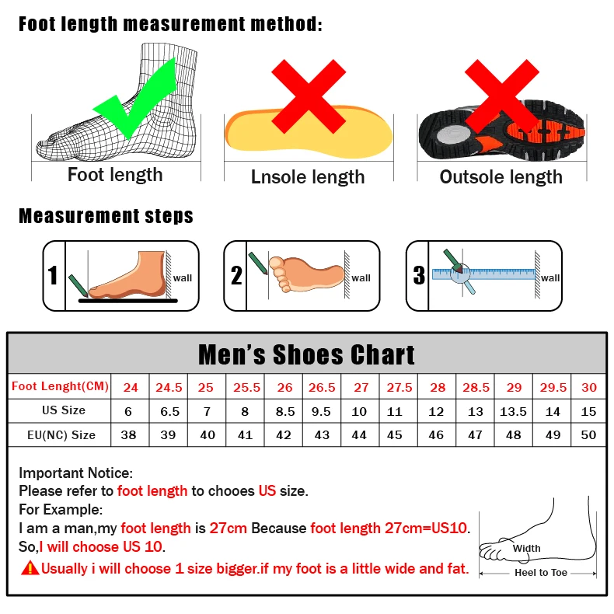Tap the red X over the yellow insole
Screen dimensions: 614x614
tap(308, 97)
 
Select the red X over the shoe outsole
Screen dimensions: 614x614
tap(502, 97)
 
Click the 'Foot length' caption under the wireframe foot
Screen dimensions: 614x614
tap(115, 175)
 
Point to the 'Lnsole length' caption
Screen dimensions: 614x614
tap(308, 177)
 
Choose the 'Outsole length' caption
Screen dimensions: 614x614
tap(501, 177)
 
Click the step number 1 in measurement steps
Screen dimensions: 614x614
tap(53, 276)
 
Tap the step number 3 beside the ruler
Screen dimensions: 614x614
tap(419, 275)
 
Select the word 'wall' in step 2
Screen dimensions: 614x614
tap(361, 278)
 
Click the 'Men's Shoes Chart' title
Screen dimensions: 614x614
tap(306, 354)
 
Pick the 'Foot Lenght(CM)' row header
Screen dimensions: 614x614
tap(60, 386)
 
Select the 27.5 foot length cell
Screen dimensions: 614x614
tap(399, 387)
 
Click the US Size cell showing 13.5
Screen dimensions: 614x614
tap(513, 411)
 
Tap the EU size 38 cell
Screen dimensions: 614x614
tap(129, 435)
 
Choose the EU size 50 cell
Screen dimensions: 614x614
tap(588, 435)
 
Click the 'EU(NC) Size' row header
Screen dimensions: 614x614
tap(60, 435)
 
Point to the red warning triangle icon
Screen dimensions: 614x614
tap(30, 568)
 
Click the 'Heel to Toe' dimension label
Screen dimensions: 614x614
tap(541, 573)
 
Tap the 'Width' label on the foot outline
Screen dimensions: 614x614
tap(526, 548)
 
